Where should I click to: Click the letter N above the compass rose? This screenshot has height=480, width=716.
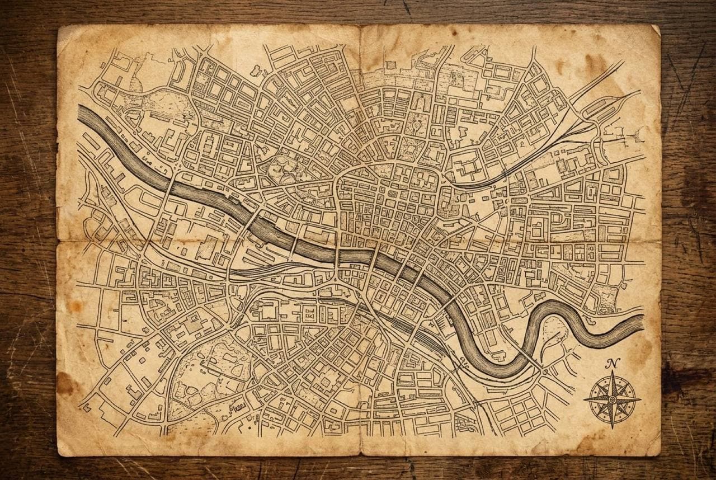coord(612,364)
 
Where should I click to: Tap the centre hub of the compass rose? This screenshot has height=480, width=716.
coord(612,399)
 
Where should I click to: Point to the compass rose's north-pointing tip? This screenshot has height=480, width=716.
coord(612,373)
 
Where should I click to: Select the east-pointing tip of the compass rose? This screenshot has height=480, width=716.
coord(640,399)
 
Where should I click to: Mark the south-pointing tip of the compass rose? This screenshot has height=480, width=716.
coord(612,428)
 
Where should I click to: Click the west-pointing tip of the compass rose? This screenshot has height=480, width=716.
coord(584,399)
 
